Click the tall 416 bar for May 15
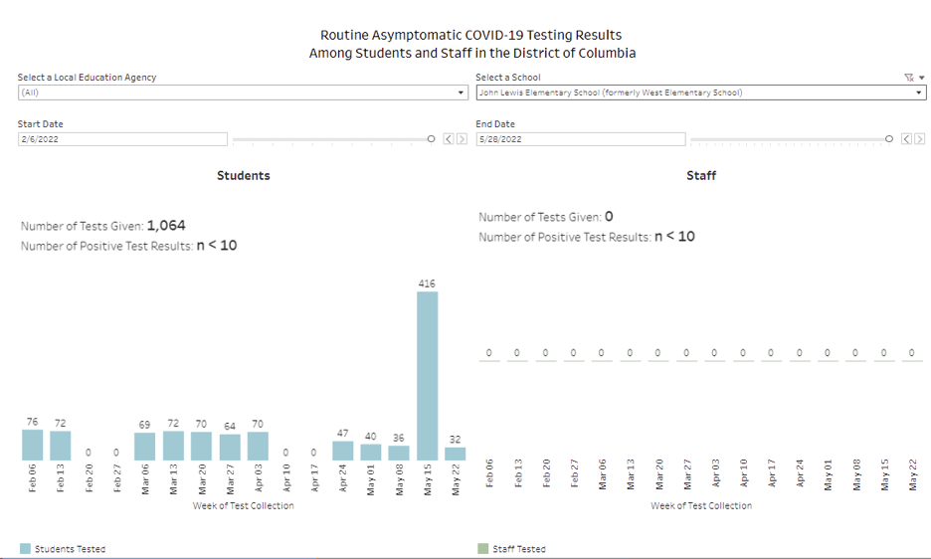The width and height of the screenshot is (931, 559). [x=427, y=375]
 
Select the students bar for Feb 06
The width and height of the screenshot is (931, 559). [x=33, y=445]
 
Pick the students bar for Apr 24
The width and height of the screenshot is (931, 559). [x=342, y=451]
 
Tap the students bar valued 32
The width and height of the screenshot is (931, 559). [x=455, y=454]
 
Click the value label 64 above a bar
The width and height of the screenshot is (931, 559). [x=229, y=426]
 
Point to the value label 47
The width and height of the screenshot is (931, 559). [x=342, y=433]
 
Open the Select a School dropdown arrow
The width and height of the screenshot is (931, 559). [x=920, y=93]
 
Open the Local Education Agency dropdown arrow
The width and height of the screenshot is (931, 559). [x=461, y=93]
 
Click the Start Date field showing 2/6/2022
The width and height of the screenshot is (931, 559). [x=122, y=139]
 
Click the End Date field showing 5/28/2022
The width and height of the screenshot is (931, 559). [x=580, y=139]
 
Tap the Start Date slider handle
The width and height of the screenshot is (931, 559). [x=431, y=139]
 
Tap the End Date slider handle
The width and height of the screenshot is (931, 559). [x=889, y=139]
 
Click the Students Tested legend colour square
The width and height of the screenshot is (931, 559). [x=25, y=548]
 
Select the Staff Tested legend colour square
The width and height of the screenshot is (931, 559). [x=483, y=548]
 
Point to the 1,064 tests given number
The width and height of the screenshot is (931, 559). [x=166, y=226]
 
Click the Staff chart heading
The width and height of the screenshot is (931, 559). [x=701, y=175]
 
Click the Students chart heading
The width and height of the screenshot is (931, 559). [x=244, y=175]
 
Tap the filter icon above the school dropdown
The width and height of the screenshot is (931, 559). [x=908, y=77]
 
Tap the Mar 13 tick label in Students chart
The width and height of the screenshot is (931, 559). [x=173, y=477]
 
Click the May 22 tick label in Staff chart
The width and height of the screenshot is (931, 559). [x=913, y=474]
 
